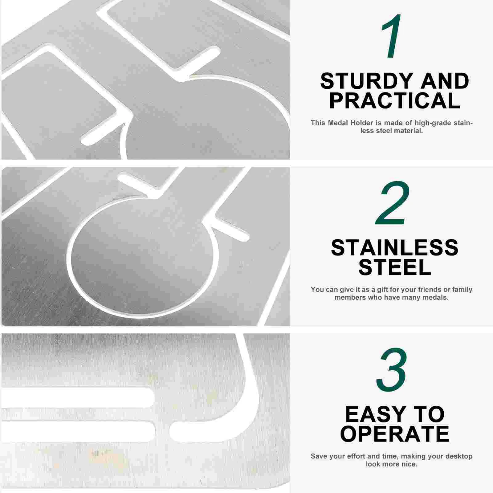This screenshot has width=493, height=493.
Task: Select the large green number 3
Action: click(x=392, y=370)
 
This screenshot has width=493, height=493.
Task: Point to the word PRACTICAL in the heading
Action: click(x=395, y=100)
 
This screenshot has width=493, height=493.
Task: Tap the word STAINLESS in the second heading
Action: click(x=395, y=248)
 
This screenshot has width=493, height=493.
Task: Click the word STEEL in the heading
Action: click(x=395, y=267)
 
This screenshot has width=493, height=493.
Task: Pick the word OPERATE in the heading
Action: click(x=395, y=434)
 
